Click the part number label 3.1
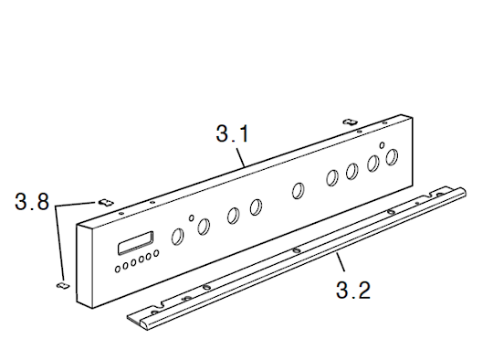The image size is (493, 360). click(x=233, y=133)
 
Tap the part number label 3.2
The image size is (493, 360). click(x=353, y=291)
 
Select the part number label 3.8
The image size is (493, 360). click(x=32, y=201)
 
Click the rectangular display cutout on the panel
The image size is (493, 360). click(x=135, y=243)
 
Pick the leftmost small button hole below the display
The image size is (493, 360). click(x=118, y=269)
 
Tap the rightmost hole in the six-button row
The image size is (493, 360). click(x=156, y=253)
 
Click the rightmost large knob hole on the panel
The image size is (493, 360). click(x=392, y=157)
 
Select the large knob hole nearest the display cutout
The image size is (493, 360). click(x=178, y=237)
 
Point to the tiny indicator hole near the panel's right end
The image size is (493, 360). click(x=382, y=145)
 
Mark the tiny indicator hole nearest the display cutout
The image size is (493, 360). click(x=191, y=217)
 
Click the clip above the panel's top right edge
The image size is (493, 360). click(x=350, y=122)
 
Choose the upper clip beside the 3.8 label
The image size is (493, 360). click(x=106, y=203)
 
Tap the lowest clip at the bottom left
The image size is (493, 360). click(x=63, y=285)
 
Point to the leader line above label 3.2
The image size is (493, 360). click(x=341, y=262)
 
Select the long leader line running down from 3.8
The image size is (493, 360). click(x=60, y=243)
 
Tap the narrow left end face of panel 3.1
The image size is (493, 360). click(x=84, y=266)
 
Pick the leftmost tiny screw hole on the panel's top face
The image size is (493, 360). click(x=122, y=214)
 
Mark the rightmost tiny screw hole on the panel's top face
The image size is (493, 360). click(x=383, y=122)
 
